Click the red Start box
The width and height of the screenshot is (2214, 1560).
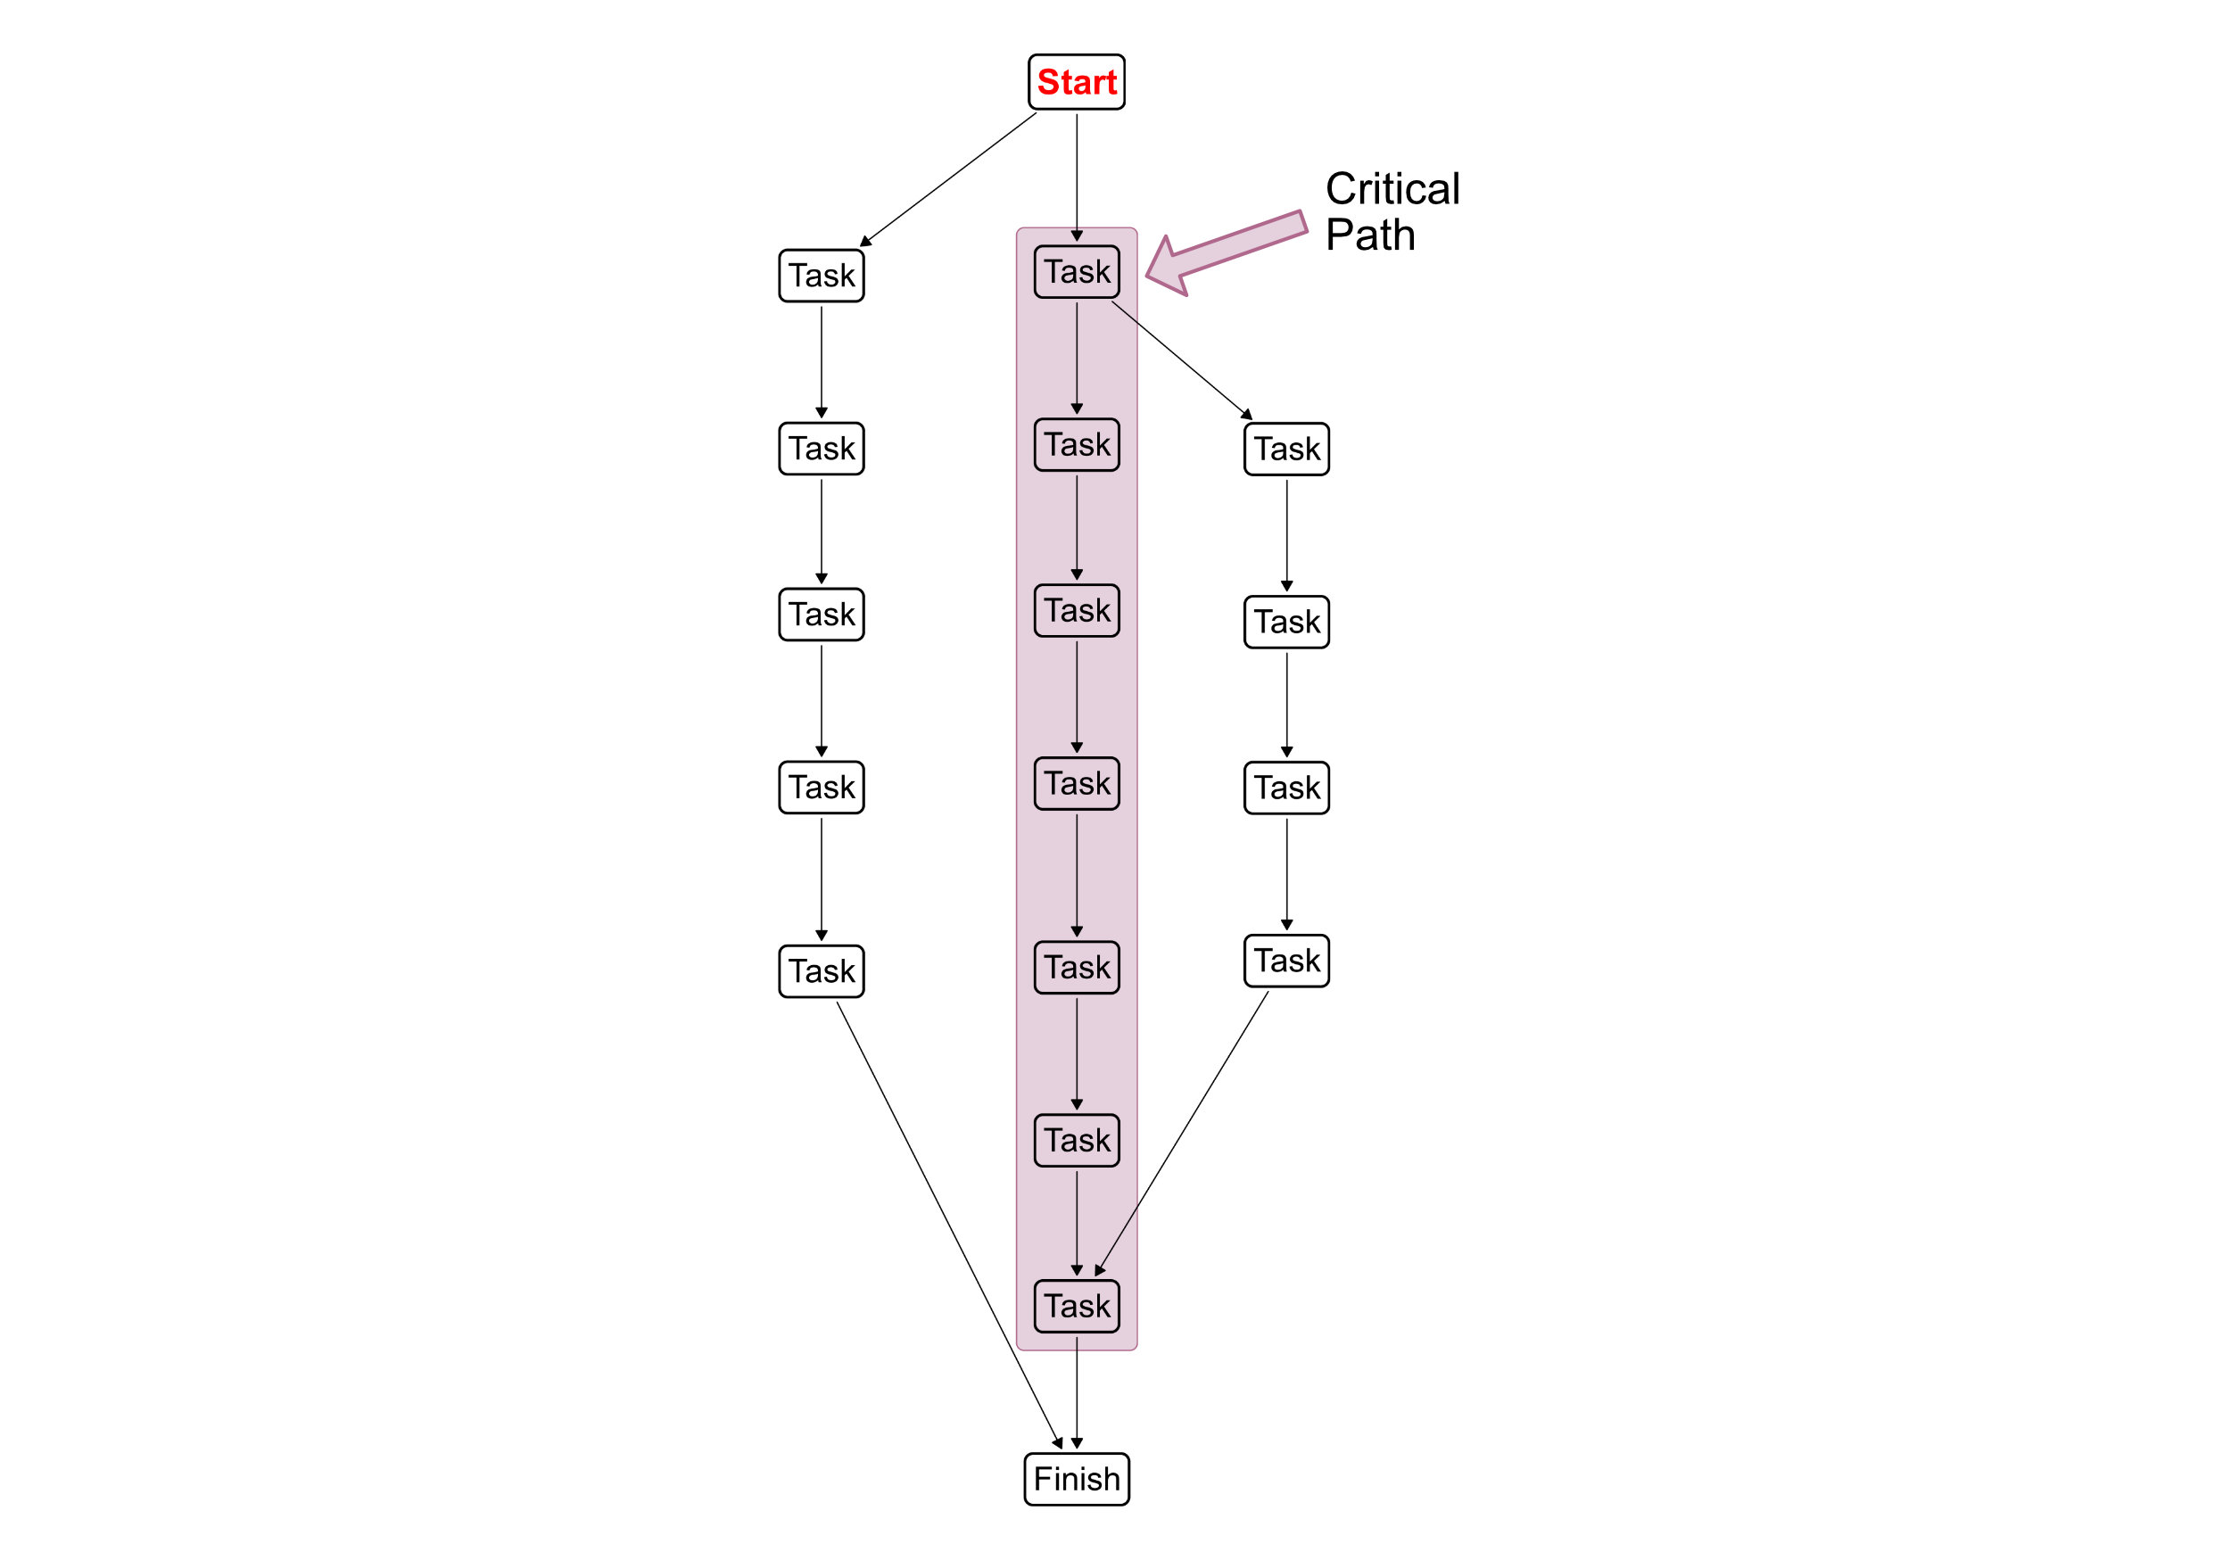(1076, 82)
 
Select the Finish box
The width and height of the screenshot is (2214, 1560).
(1076, 1478)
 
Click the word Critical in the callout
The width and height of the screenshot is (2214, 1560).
(1392, 189)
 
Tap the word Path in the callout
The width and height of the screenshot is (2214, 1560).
(1369, 235)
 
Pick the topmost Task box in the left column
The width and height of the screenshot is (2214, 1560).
(822, 276)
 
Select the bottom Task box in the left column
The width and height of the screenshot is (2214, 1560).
(822, 971)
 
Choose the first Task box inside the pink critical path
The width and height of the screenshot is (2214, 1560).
(1076, 272)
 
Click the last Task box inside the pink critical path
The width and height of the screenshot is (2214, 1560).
(1076, 1307)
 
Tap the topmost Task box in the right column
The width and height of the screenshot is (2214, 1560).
(1286, 450)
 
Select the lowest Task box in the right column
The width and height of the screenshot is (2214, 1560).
(1286, 961)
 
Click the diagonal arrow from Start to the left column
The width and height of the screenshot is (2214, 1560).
(948, 179)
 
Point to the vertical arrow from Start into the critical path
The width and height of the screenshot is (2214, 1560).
(1077, 174)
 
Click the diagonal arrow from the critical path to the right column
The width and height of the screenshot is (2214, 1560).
(1181, 359)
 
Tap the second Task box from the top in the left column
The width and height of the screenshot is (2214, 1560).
(822, 449)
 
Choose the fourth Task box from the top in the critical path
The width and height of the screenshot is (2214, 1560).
(1076, 784)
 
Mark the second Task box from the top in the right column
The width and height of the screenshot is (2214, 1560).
(1286, 622)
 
